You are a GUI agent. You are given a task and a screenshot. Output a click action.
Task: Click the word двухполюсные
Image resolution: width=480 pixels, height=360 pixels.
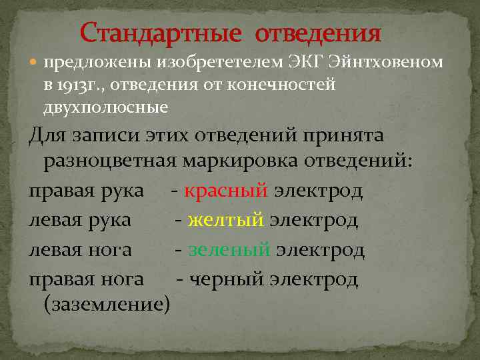click(105, 107)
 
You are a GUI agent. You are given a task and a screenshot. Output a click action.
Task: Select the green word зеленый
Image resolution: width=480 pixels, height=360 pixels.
click(229, 250)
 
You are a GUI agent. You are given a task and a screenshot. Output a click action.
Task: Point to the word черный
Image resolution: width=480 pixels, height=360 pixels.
click(227, 279)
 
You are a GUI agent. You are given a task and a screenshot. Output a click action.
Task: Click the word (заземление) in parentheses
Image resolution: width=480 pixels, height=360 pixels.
click(107, 305)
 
